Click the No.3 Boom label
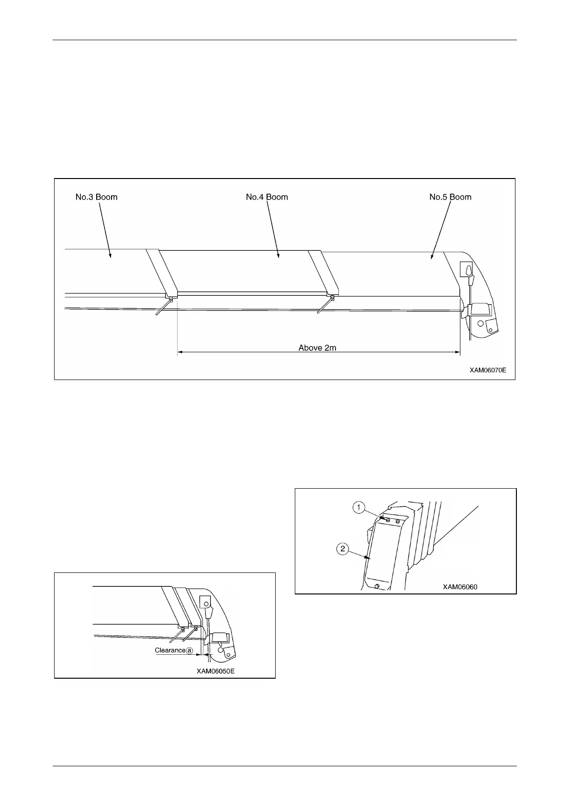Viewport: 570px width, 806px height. pyautogui.click(x=96, y=197)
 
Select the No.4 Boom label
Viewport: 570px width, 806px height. pyautogui.click(x=267, y=197)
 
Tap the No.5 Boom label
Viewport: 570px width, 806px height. pyautogui.click(x=450, y=197)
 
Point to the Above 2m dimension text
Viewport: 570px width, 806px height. pyautogui.click(x=317, y=347)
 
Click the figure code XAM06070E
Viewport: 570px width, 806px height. pyautogui.click(x=487, y=370)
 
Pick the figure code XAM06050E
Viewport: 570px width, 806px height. pyautogui.click(x=215, y=671)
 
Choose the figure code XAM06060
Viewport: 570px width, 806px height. pyautogui.click(x=460, y=587)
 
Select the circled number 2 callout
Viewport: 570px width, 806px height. pyautogui.click(x=343, y=549)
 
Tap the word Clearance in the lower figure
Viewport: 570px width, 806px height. pyautogui.click(x=170, y=650)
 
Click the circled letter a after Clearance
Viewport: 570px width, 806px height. pyautogui.click(x=190, y=651)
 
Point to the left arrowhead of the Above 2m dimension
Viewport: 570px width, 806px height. pyautogui.click(x=180, y=353)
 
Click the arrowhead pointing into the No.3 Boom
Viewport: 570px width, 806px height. pyautogui.click(x=110, y=256)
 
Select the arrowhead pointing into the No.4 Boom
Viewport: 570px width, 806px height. pyautogui.click(x=279, y=258)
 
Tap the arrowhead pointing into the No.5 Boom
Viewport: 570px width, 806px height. pyautogui.click(x=432, y=257)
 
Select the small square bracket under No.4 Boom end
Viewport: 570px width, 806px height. pyautogui.click(x=332, y=297)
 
